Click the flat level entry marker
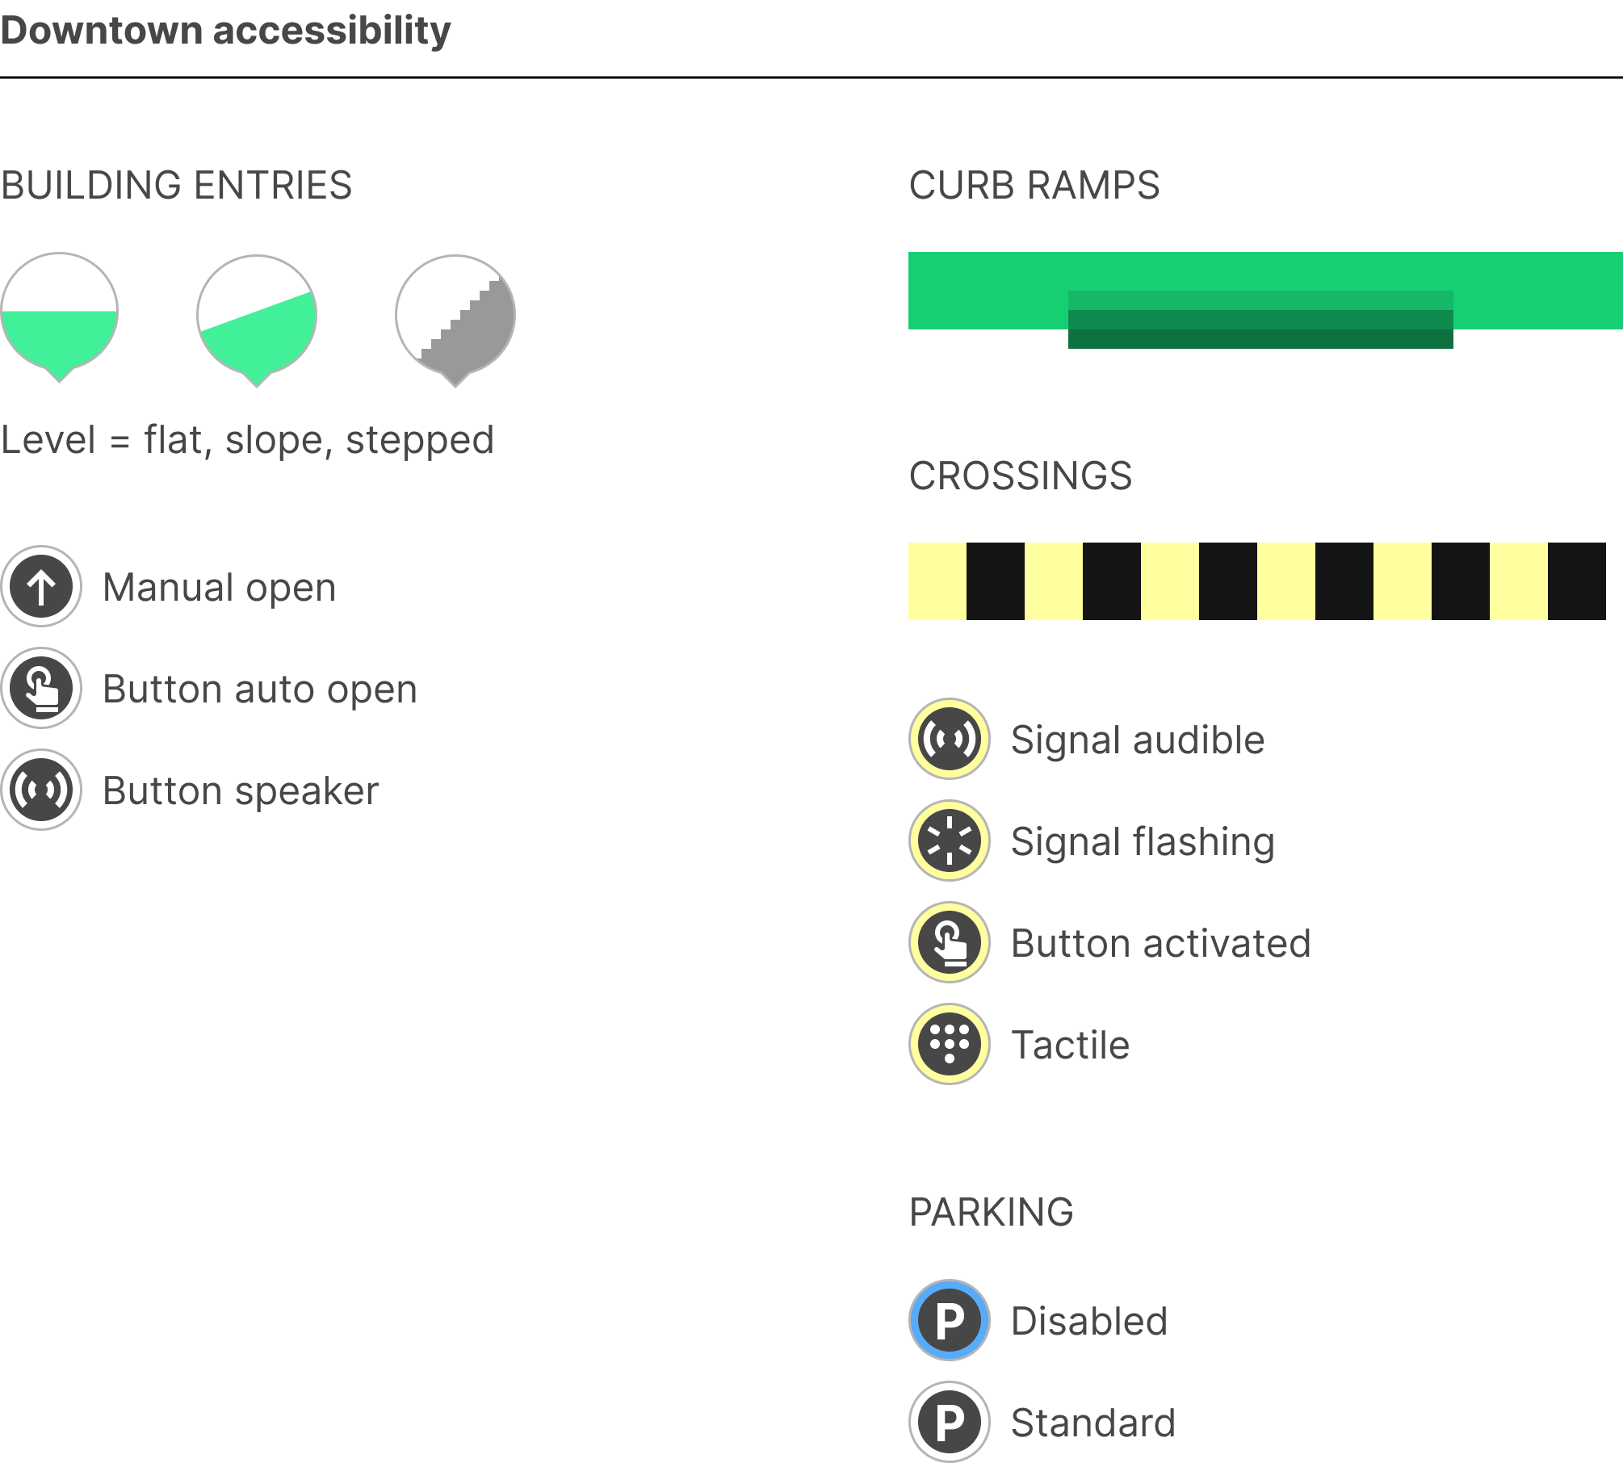[x=59, y=316]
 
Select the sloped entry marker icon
[x=257, y=319]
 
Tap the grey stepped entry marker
[x=455, y=319]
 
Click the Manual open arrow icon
[x=41, y=586]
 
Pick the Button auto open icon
[x=41, y=688]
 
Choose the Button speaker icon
[x=41, y=790]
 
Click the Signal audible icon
[x=950, y=739]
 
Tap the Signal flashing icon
[x=950, y=840]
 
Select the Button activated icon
[x=950, y=942]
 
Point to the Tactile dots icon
[x=950, y=1044]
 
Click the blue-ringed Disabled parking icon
[x=950, y=1320]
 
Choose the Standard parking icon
[x=950, y=1422]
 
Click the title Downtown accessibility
[x=225, y=31]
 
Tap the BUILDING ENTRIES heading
[x=176, y=185]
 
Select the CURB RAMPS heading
[x=1034, y=185]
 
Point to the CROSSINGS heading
[x=1021, y=476]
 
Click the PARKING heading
[x=992, y=1212]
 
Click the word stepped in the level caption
[x=420, y=441]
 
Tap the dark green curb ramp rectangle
[x=1260, y=329]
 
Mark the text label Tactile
[x=1071, y=1045]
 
